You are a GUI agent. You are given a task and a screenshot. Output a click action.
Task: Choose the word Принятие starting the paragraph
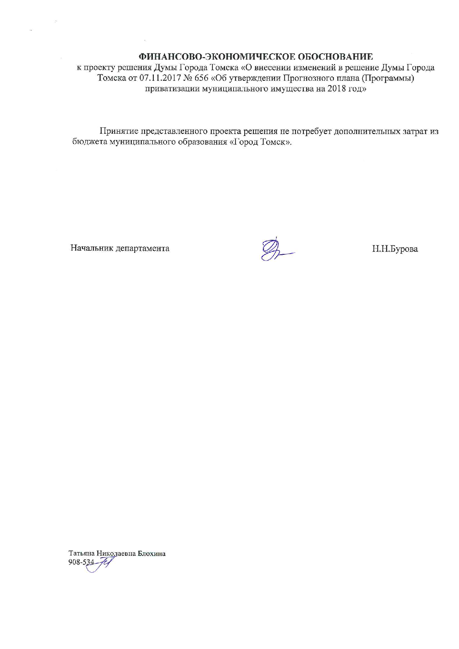click(x=117, y=131)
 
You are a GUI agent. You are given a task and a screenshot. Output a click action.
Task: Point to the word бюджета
click(x=89, y=142)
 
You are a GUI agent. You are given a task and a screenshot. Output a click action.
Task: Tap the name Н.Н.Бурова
click(x=395, y=249)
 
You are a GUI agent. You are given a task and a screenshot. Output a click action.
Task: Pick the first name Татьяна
click(x=81, y=554)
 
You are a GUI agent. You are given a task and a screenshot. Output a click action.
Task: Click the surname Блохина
click(x=151, y=554)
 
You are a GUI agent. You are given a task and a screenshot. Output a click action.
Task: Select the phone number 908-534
click(x=79, y=562)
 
